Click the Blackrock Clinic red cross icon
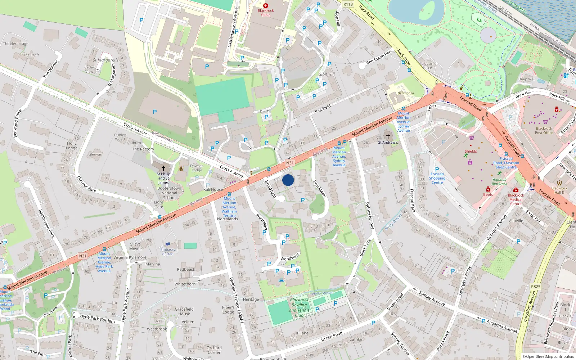(266, 6)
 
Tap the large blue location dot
(288, 180)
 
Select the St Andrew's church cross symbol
(388, 136)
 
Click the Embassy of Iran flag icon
(168, 244)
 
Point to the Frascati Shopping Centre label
(437, 178)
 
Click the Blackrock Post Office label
(544, 130)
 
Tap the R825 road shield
(536, 287)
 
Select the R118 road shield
(348, 4)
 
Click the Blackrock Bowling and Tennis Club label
(299, 307)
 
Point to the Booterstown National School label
(169, 193)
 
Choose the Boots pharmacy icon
(488, 189)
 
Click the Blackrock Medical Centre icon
(516, 190)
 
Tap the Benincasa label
(406, 93)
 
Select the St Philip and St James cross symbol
(163, 168)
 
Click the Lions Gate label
(159, 204)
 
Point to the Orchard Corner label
(214, 350)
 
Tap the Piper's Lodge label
(228, 310)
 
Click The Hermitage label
(15, 44)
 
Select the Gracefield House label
(184, 311)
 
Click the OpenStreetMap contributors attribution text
(548, 356)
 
